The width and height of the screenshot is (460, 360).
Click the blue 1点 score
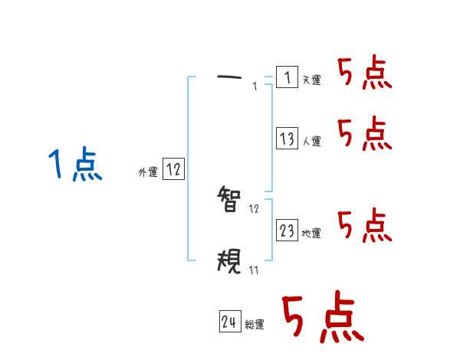tap(74, 165)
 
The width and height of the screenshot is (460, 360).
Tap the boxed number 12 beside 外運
tap(173, 170)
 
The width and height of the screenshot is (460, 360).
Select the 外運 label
tap(148, 173)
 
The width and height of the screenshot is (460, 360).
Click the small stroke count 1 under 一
tap(255, 87)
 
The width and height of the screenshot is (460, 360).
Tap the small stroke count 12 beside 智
tap(255, 208)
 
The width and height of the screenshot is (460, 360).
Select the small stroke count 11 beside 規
tap(254, 270)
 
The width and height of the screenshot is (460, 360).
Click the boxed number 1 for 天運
tap(287, 77)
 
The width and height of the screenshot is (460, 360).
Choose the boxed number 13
tap(287, 139)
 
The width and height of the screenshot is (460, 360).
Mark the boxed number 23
tap(287, 230)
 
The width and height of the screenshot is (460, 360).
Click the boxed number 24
tap(228, 322)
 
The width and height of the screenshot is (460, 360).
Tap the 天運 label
tap(311, 80)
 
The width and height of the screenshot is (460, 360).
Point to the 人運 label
tap(311, 141)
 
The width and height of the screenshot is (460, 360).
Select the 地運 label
tap(311, 233)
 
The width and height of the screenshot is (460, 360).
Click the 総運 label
tap(255, 325)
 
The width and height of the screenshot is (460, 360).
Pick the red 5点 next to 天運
tap(364, 73)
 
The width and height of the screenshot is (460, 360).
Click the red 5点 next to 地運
tap(364, 224)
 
